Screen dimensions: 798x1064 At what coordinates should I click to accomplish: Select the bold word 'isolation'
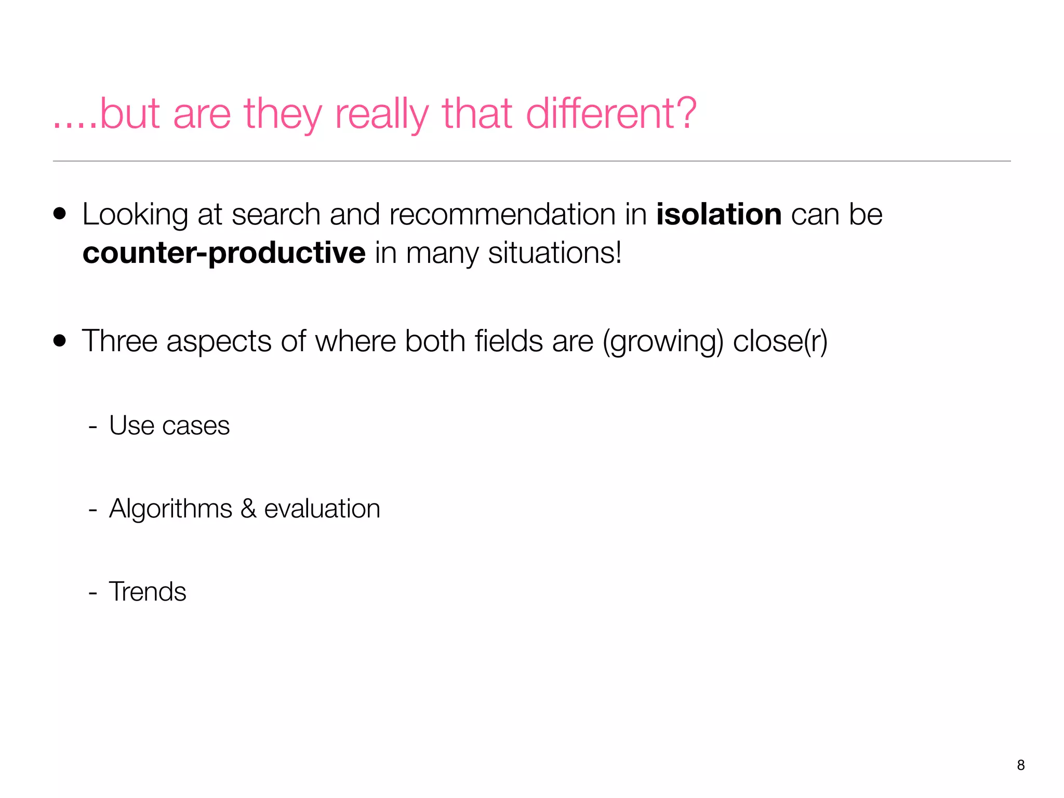tap(719, 214)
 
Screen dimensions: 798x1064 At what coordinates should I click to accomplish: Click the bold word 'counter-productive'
tap(224, 253)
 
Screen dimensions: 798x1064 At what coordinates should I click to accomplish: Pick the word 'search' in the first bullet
tap(276, 214)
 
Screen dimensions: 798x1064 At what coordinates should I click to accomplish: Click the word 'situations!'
tap(554, 253)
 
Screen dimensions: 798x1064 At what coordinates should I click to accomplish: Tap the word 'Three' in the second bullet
tap(119, 341)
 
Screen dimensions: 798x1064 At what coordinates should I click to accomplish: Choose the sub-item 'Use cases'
tap(169, 425)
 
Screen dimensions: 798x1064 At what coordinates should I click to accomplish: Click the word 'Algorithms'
tap(170, 509)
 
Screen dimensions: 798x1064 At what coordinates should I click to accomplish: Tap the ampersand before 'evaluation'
tap(248, 509)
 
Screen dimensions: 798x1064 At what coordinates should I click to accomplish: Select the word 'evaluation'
tap(322, 509)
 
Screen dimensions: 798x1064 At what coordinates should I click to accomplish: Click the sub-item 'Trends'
tap(148, 592)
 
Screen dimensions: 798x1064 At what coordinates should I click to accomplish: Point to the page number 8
tap(1020, 765)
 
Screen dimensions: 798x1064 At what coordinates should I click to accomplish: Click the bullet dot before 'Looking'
tap(60, 214)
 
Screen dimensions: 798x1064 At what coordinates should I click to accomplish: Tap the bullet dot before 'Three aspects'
tap(60, 341)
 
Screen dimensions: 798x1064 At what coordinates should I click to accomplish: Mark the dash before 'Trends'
tap(93, 592)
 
